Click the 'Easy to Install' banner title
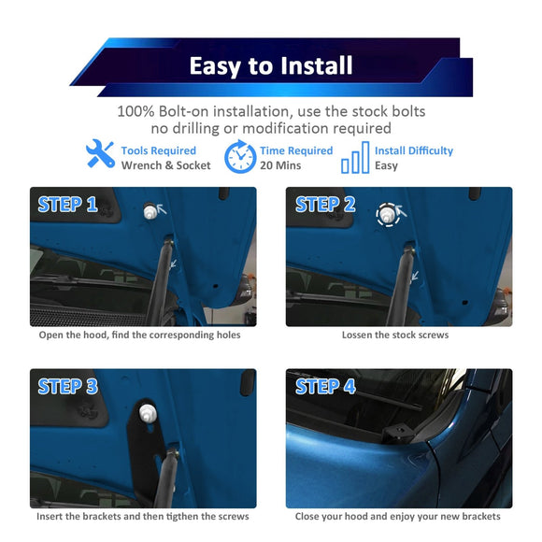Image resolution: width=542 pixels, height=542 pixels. (x=271, y=66)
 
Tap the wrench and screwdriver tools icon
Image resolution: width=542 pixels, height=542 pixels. (x=99, y=155)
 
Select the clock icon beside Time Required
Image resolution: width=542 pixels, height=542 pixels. (x=240, y=157)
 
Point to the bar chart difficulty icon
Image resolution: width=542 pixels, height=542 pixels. (x=355, y=158)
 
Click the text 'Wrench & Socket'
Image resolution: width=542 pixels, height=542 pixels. (x=165, y=165)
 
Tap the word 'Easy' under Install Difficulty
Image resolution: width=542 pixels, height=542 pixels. (x=386, y=165)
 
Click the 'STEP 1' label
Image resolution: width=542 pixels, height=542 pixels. (x=67, y=205)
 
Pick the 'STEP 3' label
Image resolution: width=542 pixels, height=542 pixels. (x=67, y=386)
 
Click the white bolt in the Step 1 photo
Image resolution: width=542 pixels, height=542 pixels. (x=150, y=212)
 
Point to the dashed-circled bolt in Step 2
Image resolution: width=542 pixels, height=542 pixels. (x=388, y=213)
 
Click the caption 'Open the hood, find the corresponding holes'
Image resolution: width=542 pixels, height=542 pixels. (x=139, y=335)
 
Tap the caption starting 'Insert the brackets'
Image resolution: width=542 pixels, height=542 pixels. (x=142, y=516)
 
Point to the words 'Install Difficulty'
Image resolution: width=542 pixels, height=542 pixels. (x=414, y=150)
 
